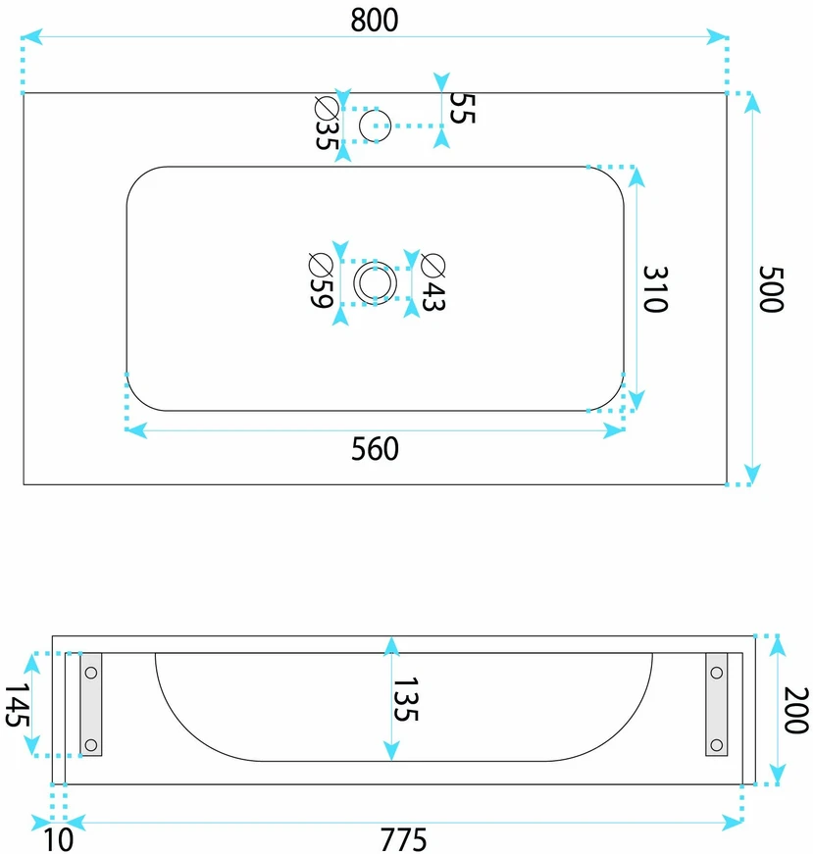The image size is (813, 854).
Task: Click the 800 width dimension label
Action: coord(375,21)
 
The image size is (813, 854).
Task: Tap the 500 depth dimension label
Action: coord(771,289)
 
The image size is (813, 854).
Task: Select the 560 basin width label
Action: coord(375,449)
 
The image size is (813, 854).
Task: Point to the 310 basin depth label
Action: coord(655,289)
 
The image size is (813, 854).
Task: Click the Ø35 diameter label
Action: coord(328,124)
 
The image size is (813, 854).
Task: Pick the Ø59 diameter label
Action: coord(321,280)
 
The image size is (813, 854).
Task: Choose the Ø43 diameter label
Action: coord(433,282)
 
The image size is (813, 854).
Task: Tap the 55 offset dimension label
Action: coord(463,109)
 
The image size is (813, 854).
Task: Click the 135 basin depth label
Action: coord(406,699)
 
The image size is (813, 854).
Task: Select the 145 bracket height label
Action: coord(18,705)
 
